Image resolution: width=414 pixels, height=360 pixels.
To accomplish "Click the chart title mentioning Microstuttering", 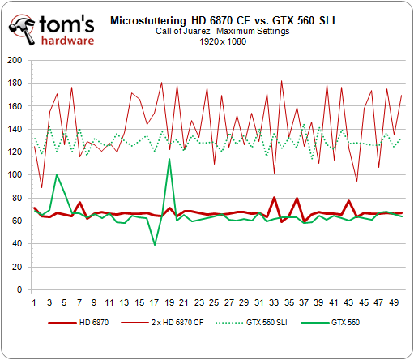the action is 223,20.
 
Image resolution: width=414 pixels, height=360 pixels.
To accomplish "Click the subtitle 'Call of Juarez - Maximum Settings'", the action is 223,31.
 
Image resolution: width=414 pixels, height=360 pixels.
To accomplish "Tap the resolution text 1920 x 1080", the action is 223,41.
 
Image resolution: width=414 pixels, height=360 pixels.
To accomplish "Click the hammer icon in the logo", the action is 23,30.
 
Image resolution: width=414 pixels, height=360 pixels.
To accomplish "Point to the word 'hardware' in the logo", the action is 67,41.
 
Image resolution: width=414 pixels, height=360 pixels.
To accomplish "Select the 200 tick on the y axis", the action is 15,60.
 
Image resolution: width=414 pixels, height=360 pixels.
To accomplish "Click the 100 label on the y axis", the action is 15,174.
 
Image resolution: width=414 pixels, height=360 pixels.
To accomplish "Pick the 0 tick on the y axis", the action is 19,289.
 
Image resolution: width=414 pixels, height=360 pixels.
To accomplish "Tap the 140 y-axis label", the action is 15,129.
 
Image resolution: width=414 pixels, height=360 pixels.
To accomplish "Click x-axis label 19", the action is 169,302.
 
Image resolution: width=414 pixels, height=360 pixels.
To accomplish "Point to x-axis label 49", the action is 394,302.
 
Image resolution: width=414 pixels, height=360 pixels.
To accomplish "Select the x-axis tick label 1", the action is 34,302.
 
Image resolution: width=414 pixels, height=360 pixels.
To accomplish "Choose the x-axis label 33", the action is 274,302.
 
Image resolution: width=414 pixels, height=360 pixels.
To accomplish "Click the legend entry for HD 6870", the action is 79,323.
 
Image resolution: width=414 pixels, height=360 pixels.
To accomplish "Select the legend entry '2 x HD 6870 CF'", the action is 162,323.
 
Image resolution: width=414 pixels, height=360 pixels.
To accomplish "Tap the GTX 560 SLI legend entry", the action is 251,323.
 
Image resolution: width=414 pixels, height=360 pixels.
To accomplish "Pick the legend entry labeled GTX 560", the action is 330,323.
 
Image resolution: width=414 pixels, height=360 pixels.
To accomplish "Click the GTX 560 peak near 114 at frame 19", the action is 169,159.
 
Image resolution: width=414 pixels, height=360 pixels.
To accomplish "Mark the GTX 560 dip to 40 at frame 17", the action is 155,245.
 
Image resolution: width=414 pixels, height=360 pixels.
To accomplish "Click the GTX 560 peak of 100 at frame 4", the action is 57,174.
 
